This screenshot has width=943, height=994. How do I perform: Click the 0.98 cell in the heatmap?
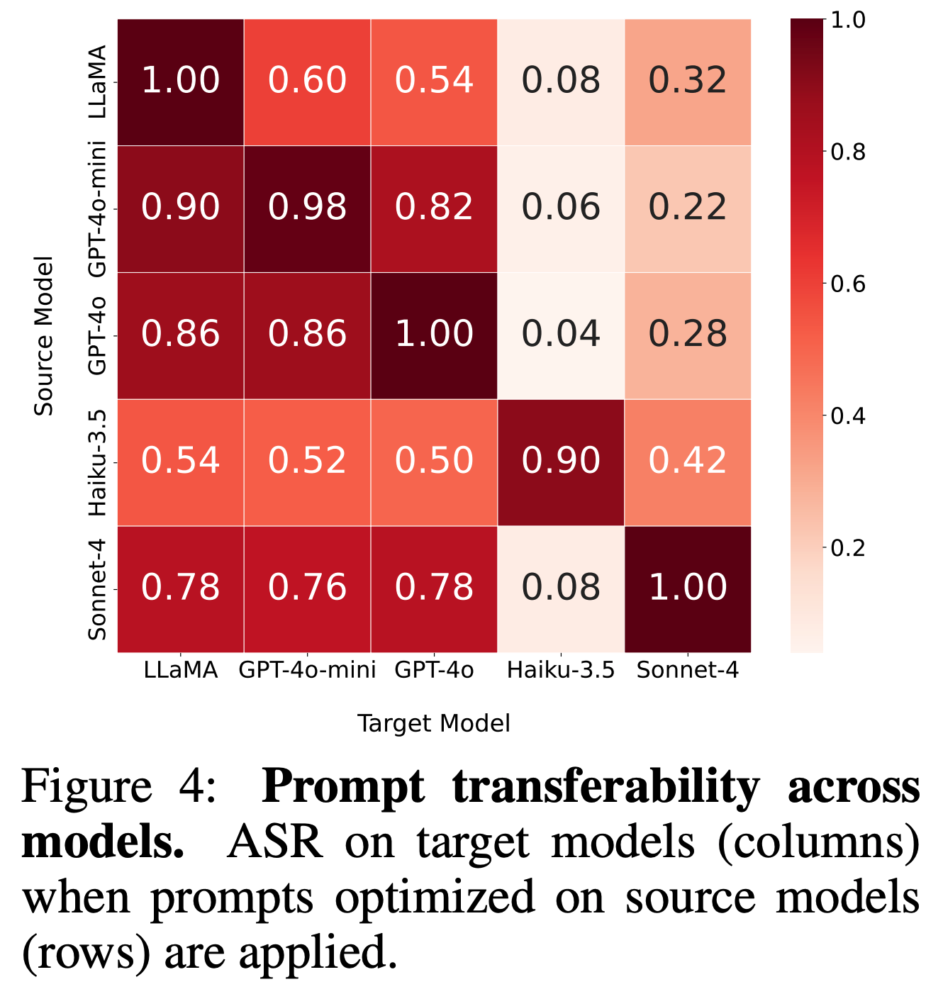point(307,208)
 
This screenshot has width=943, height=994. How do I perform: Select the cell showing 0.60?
point(307,81)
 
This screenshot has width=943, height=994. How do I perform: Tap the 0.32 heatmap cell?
point(688,81)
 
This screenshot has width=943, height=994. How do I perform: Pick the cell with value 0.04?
point(561,335)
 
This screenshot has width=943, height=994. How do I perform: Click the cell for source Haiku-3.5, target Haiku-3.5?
point(561,462)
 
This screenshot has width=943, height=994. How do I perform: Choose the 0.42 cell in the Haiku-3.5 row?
point(688,462)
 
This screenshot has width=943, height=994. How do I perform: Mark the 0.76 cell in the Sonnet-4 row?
point(307,588)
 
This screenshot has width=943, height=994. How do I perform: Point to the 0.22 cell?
point(688,208)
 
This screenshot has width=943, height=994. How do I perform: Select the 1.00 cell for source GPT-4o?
point(434,335)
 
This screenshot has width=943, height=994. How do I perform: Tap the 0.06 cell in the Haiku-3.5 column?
point(561,208)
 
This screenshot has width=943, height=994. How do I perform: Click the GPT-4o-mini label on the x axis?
point(307,671)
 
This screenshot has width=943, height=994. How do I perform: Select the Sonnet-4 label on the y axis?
point(97,589)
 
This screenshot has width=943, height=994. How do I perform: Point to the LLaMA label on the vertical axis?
point(97,82)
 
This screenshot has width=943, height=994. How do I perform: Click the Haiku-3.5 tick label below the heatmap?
point(561,671)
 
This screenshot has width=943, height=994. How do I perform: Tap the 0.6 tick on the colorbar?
point(848,284)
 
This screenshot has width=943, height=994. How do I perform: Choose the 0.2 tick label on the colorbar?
point(848,548)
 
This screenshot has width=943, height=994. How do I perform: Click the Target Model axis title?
point(434,723)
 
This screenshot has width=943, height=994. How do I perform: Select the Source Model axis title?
point(44,335)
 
